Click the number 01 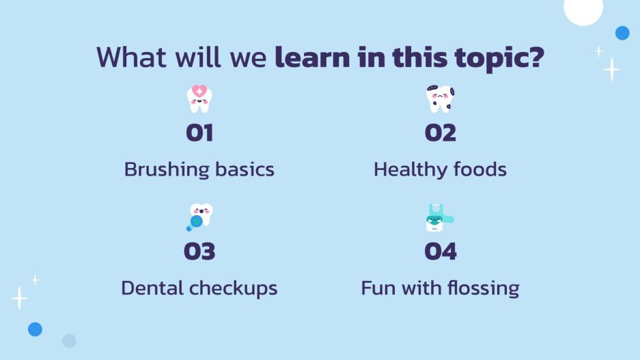[x=199, y=133]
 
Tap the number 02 [x=440, y=133]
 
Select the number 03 [x=199, y=251]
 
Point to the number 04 [x=440, y=251]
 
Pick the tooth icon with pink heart [x=199, y=99]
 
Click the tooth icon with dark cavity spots [x=440, y=99]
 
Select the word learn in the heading [x=311, y=57]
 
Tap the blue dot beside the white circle [x=622, y=33]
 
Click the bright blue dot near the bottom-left [x=35, y=329]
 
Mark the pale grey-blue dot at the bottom [x=69, y=340]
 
